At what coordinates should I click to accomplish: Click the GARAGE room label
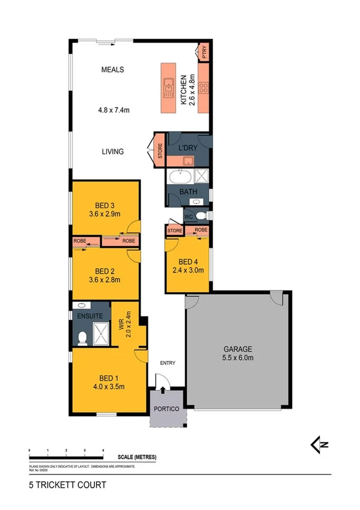(x=239, y=349)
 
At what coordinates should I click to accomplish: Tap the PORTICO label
(x=166, y=409)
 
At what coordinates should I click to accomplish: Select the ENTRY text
(x=167, y=363)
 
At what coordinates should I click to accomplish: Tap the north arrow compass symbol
(x=319, y=444)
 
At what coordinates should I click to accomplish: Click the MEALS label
(x=112, y=70)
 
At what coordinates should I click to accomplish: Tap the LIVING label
(x=112, y=152)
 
